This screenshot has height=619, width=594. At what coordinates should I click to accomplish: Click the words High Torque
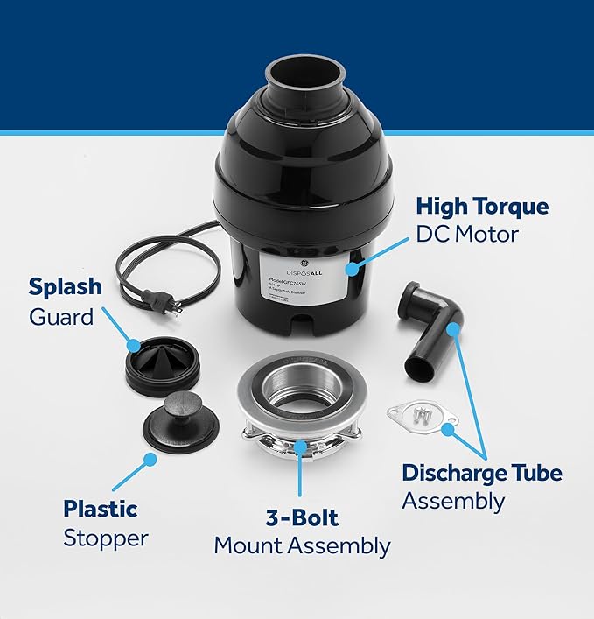point(482,207)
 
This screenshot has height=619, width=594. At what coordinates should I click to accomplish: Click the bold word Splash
point(66,287)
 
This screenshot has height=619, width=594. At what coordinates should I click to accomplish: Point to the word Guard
point(61,316)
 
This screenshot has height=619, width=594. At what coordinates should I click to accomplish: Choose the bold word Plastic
point(101,508)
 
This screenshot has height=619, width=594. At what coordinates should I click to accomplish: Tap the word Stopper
point(105,537)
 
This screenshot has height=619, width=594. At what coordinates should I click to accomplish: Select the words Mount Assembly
point(302,546)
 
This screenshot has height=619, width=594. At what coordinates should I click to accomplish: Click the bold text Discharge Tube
point(482,473)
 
